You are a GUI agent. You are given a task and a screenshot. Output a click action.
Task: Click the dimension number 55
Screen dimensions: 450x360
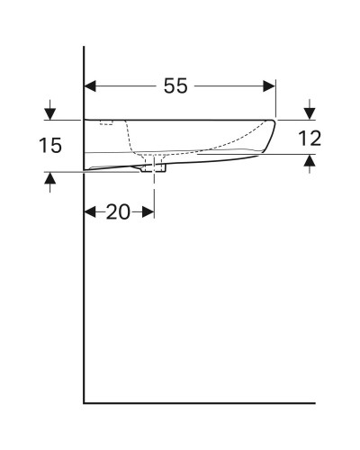[177, 86]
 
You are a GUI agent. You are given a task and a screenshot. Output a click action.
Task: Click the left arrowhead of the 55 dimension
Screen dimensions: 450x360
[90, 86]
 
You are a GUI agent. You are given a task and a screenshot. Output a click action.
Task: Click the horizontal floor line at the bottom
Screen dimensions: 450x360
[198, 402]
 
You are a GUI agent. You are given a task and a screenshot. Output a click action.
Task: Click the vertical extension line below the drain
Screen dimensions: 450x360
[155, 193]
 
